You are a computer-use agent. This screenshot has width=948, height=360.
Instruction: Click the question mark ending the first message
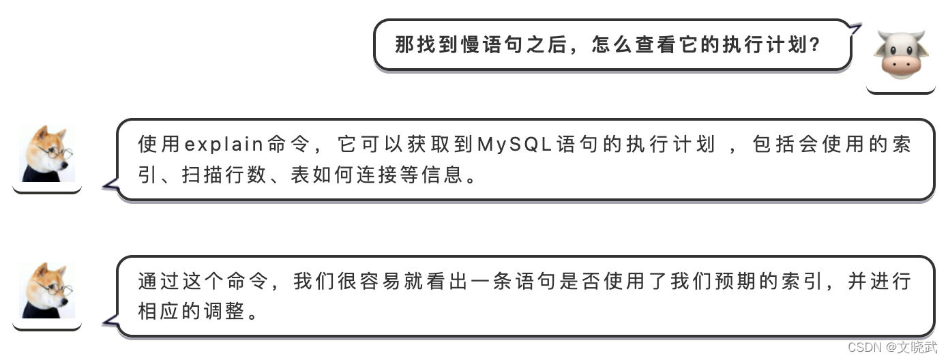click(x=813, y=45)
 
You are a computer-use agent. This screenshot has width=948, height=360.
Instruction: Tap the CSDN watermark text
click(x=865, y=348)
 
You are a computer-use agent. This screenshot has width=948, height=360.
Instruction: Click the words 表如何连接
click(x=328, y=176)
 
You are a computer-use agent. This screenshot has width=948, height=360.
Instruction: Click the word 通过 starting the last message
click(x=158, y=281)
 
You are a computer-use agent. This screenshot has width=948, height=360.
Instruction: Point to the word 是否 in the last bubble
click(x=580, y=281)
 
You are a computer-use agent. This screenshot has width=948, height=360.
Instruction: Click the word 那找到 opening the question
click(x=427, y=45)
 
